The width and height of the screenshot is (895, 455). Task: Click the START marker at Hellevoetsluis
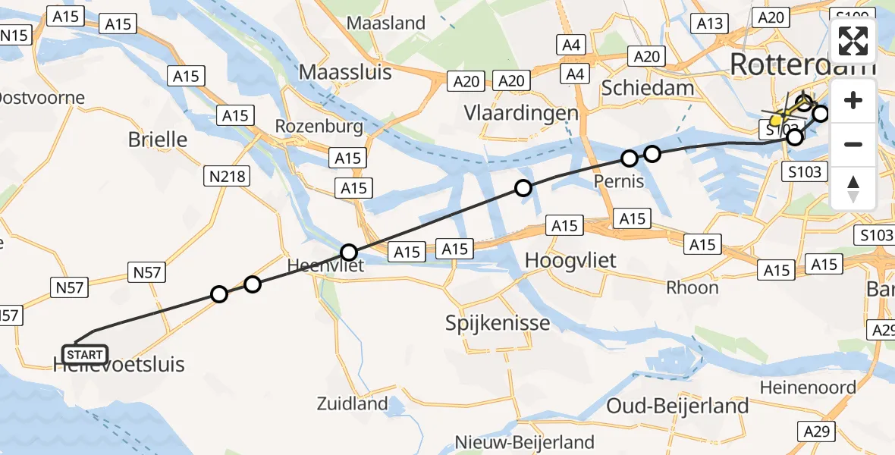(x=85, y=354)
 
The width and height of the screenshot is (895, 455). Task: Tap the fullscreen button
(x=853, y=41)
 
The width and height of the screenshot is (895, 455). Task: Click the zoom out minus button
(x=853, y=144)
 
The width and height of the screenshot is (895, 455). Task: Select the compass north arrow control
(x=853, y=188)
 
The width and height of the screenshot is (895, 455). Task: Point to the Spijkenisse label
(x=498, y=324)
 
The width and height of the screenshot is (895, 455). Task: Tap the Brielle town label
(x=158, y=140)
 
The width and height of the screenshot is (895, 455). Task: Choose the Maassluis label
(x=345, y=72)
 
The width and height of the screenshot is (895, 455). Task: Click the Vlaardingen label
(x=521, y=113)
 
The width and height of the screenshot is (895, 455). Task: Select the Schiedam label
(x=647, y=88)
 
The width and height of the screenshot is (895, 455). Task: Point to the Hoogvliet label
(x=570, y=260)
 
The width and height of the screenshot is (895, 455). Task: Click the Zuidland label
(x=353, y=403)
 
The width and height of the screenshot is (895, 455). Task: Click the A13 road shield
(x=710, y=24)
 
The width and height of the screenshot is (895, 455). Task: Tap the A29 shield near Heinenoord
(x=818, y=431)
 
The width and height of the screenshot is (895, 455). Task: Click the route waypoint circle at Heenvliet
(x=349, y=252)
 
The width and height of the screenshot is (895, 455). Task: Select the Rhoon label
(x=692, y=287)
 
